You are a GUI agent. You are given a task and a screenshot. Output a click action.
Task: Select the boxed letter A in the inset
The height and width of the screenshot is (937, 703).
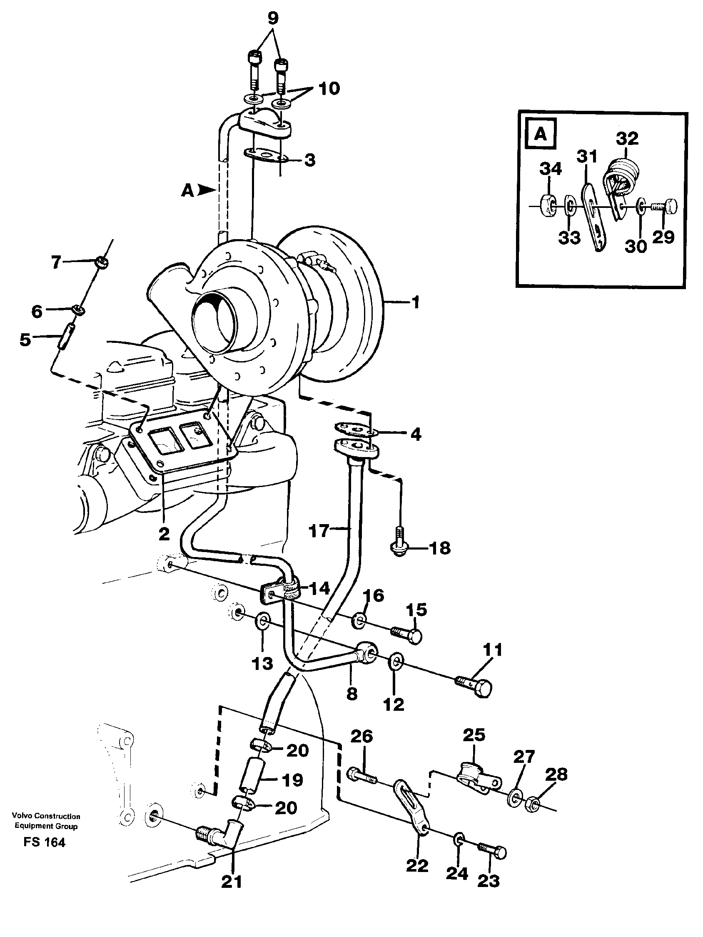tap(541, 135)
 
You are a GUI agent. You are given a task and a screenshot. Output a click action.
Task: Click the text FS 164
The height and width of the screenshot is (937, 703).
tap(45, 842)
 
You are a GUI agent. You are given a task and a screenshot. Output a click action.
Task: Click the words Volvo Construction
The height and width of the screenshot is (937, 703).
tap(46, 816)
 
